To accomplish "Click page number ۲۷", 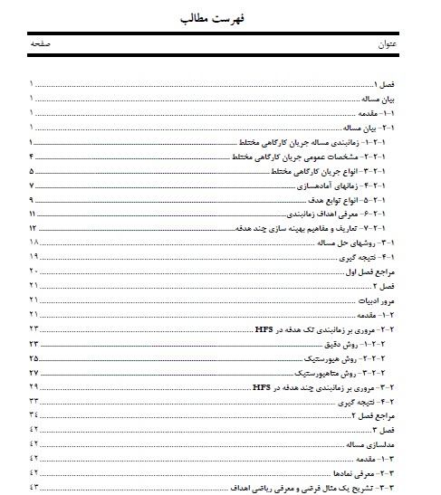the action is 34,372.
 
